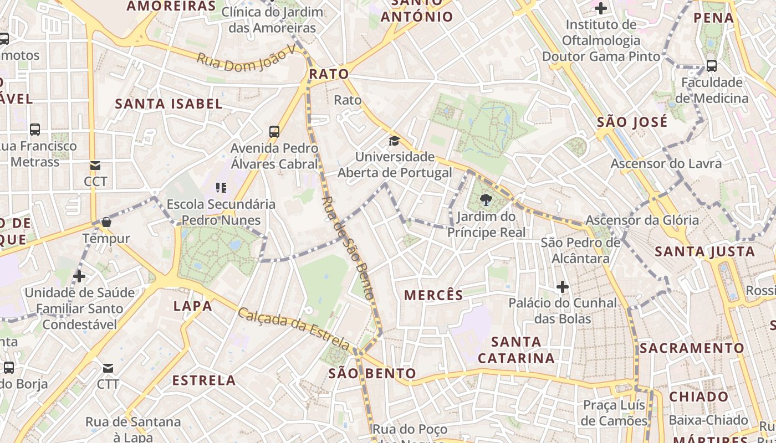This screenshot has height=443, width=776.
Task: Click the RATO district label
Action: click(x=329, y=74)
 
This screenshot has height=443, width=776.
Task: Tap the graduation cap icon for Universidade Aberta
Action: click(x=394, y=141)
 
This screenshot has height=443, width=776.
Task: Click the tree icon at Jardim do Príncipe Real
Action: click(x=486, y=199)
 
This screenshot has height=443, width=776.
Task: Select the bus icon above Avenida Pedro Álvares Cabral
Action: click(x=274, y=132)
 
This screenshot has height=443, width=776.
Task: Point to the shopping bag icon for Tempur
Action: click(x=106, y=222)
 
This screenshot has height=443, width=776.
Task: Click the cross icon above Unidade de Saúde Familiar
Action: click(x=79, y=276)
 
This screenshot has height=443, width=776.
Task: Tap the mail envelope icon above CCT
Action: click(x=95, y=165)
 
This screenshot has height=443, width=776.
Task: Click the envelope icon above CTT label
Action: click(x=108, y=368)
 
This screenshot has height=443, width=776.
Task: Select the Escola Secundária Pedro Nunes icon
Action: click(x=221, y=188)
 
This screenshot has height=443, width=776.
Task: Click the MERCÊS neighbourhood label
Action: click(x=433, y=295)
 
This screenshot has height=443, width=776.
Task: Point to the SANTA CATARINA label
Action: click(x=516, y=350)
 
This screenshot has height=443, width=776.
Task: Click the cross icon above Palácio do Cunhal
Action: click(x=563, y=287)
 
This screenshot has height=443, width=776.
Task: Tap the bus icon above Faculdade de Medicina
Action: click(x=712, y=66)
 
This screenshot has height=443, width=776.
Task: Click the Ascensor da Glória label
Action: click(x=642, y=220)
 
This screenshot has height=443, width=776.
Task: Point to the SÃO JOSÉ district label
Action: click(x=632, y=122)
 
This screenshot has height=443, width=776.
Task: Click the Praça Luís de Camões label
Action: click(x=615, y=413)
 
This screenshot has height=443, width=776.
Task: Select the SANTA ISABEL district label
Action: click(x=169, y=104)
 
